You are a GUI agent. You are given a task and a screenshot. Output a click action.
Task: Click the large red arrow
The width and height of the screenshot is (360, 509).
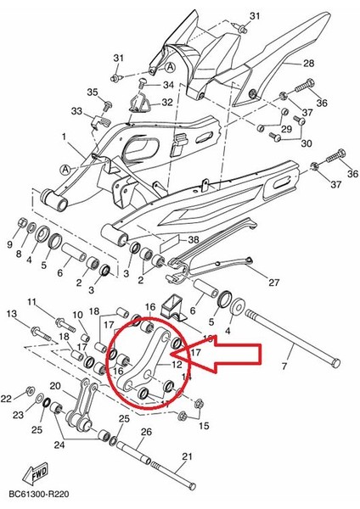click(246, 366)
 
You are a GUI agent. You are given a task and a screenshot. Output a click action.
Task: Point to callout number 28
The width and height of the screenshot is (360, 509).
click(308, 64)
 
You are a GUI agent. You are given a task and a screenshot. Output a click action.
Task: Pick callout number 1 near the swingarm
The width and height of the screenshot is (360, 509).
click(62, 136)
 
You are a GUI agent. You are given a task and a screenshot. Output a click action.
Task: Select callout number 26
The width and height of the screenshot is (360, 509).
click(147, 433)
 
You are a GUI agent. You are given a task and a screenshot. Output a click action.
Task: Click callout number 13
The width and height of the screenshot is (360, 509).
click(12, 315)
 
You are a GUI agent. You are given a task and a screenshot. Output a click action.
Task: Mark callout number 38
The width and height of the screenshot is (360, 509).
click(194, 240)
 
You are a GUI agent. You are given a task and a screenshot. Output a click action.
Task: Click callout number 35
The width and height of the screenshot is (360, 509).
click(93, 92)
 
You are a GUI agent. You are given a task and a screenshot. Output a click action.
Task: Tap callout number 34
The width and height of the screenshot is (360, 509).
click(167, 86)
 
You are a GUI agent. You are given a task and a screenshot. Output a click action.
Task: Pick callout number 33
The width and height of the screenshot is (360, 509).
click(76, 111)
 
